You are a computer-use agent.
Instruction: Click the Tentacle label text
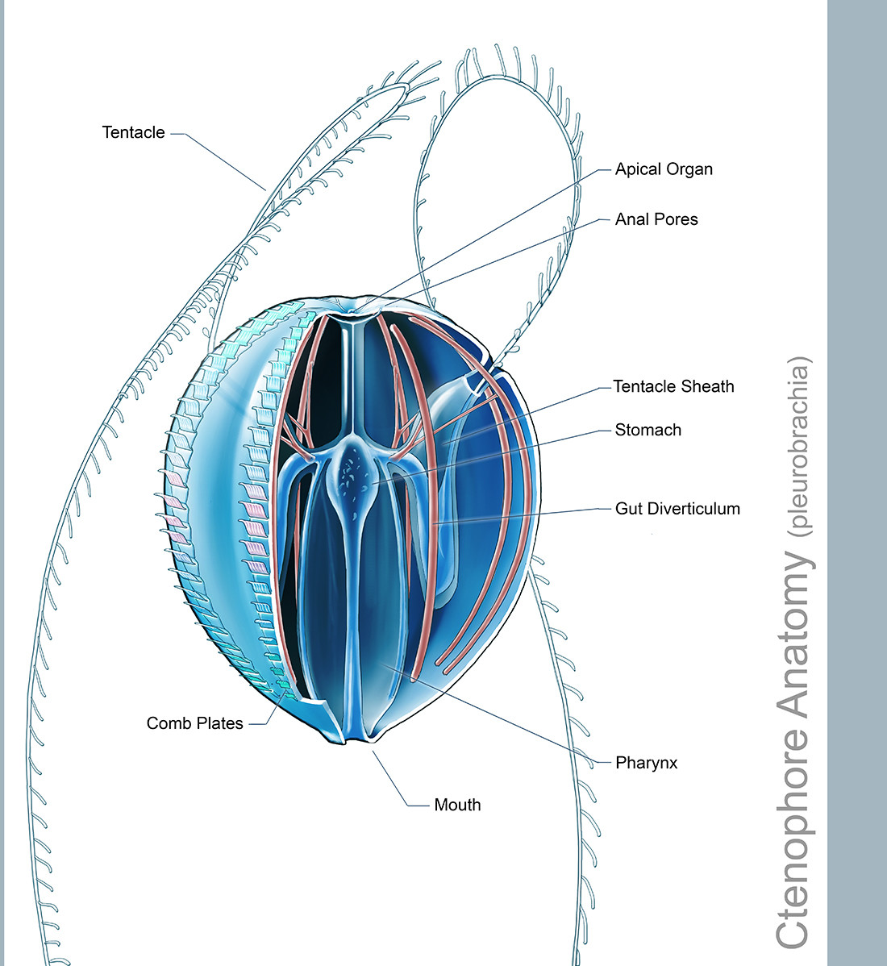(133, 132)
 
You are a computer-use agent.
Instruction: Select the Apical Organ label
(664, 169)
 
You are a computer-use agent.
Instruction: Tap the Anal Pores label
(656, 219)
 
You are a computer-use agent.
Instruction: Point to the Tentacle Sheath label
(673, 386)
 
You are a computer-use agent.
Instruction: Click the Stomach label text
(648, 430)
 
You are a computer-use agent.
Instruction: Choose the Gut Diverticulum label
(677, 509)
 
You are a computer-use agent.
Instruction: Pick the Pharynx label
(646, 764)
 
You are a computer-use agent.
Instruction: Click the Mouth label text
(457, 805)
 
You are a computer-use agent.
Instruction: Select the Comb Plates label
(194, 723)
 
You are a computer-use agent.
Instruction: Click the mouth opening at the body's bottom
(357, 739)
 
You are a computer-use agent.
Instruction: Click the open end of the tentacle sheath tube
(473, 383)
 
